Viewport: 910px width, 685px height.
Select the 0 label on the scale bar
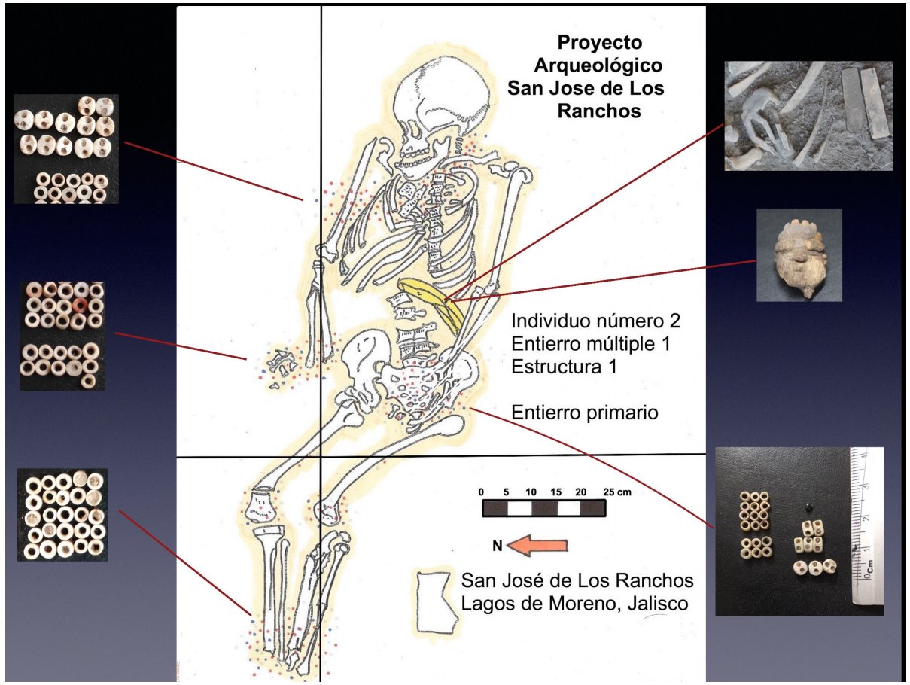click(481, 492)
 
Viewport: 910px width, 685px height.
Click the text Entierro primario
click(586, 413)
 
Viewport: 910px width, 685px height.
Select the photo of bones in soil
click(808, 116)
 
